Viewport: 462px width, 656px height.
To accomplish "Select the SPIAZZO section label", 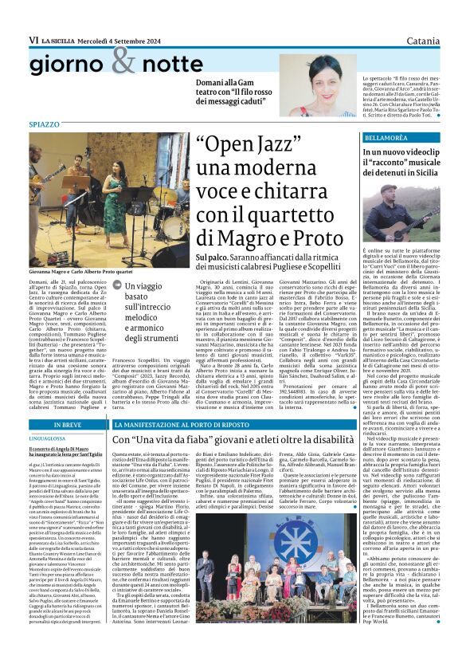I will (45, 125).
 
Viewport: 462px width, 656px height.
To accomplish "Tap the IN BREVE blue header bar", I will (66, 425).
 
